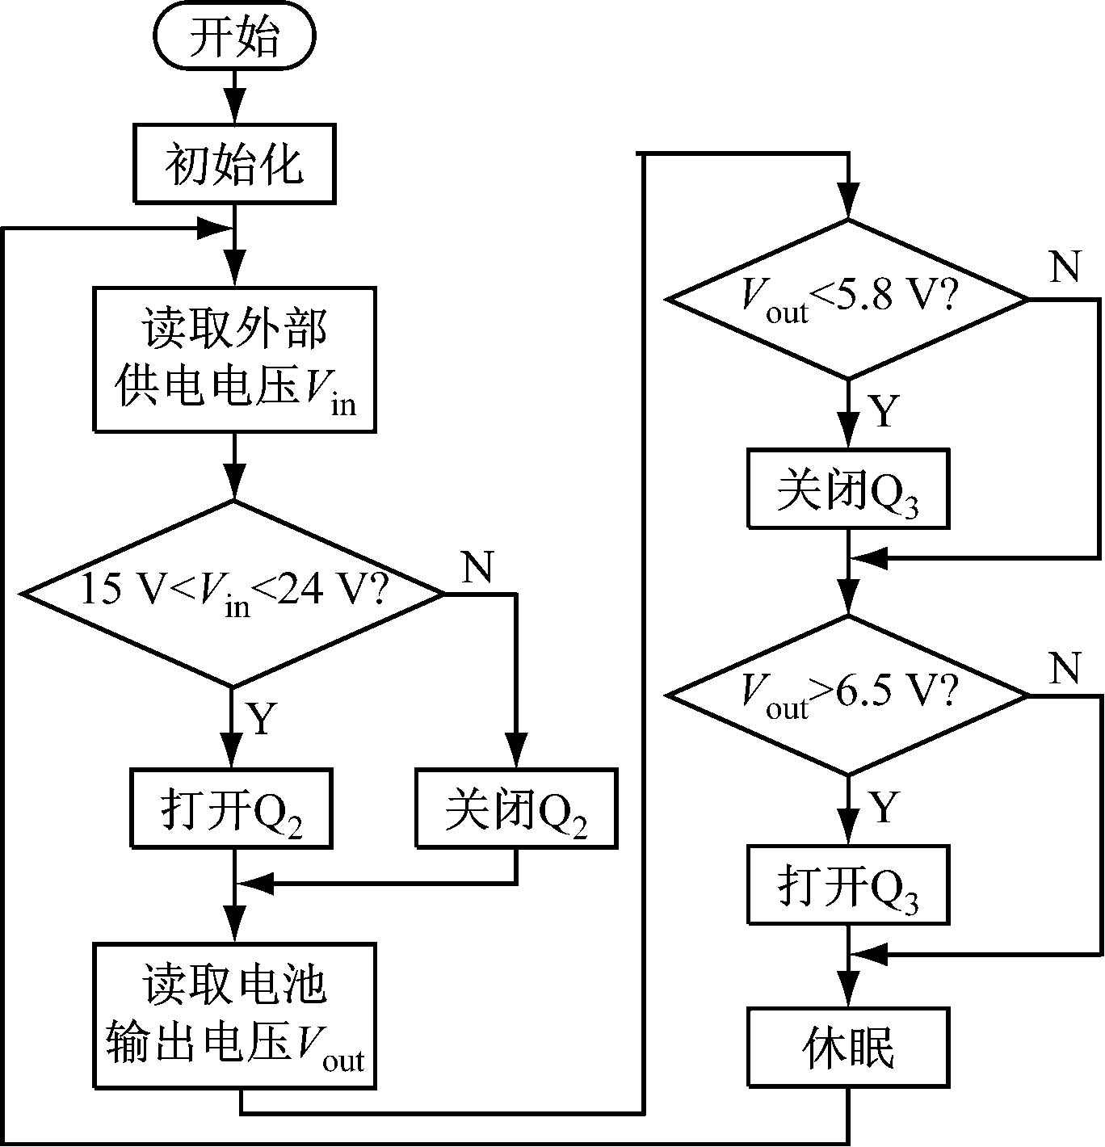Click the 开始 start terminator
click(233, 38)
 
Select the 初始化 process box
click(233, 163)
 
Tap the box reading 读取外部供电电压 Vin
click(234, 359)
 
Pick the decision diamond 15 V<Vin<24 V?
click(233, 594)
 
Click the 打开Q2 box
click(232, 809)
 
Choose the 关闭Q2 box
click(515, 809)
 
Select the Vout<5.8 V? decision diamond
click(847, 299)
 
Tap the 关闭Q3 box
click(848, 489)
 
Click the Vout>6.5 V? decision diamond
click(847, 695)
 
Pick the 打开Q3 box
click(848, 885)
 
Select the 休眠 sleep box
click(848, 1047)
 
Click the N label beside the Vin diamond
click(477, 568)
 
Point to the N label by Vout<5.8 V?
click(1065, 267)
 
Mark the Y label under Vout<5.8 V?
click(884, 410)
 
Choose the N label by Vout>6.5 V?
click(1065, 667)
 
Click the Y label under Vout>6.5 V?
click(884, 806)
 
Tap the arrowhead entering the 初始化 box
click(233, 110)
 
